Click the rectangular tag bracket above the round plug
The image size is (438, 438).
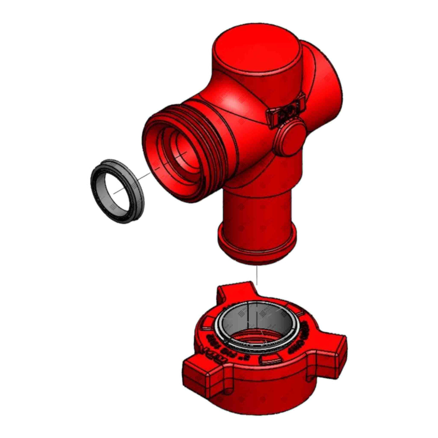287,110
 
